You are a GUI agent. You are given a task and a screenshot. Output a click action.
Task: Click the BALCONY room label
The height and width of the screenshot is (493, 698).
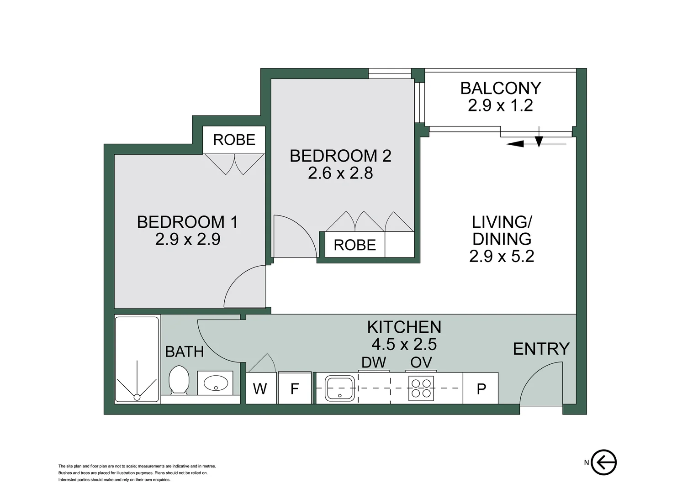pos(501,88)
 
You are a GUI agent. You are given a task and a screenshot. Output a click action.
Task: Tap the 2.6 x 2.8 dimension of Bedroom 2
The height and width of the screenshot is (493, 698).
pos(340,173)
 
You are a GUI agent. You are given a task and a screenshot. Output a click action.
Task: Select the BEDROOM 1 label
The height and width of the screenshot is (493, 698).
pos(188,222)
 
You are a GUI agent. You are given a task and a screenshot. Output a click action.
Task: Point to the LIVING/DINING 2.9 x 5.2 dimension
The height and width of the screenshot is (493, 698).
pos(502,256)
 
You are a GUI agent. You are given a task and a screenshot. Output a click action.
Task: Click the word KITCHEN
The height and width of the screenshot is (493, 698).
pos(404,327)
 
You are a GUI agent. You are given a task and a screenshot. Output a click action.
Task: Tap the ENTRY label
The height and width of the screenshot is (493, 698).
pos(541,349)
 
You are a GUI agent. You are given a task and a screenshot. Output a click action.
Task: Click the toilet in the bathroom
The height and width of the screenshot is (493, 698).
pos(179,380)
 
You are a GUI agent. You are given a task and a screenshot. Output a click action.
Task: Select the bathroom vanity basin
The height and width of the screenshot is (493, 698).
pos(215,383)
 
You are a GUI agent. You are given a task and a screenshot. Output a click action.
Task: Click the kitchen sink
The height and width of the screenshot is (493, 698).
pos(340,388)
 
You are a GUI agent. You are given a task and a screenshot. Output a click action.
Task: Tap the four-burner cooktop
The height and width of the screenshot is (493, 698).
pos(421,388)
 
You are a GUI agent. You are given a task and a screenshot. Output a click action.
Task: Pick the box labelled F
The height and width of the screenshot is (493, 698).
pos(295,388)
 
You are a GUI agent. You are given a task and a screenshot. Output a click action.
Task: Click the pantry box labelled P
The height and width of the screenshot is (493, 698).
pos(481,388)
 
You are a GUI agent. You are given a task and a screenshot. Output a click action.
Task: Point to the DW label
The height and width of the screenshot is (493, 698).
pos(374,362)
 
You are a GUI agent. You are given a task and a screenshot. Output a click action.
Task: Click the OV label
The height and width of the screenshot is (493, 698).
pos(421,362)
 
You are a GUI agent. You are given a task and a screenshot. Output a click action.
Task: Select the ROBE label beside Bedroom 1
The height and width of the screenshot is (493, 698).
pos(234,140)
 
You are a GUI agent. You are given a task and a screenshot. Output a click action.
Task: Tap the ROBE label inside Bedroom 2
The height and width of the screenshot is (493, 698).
pos(354,245)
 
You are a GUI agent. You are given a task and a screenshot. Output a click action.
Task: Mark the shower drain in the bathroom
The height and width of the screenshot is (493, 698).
pos(137,397)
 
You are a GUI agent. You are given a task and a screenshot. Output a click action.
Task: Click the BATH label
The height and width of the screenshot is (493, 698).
pos(185,352)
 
